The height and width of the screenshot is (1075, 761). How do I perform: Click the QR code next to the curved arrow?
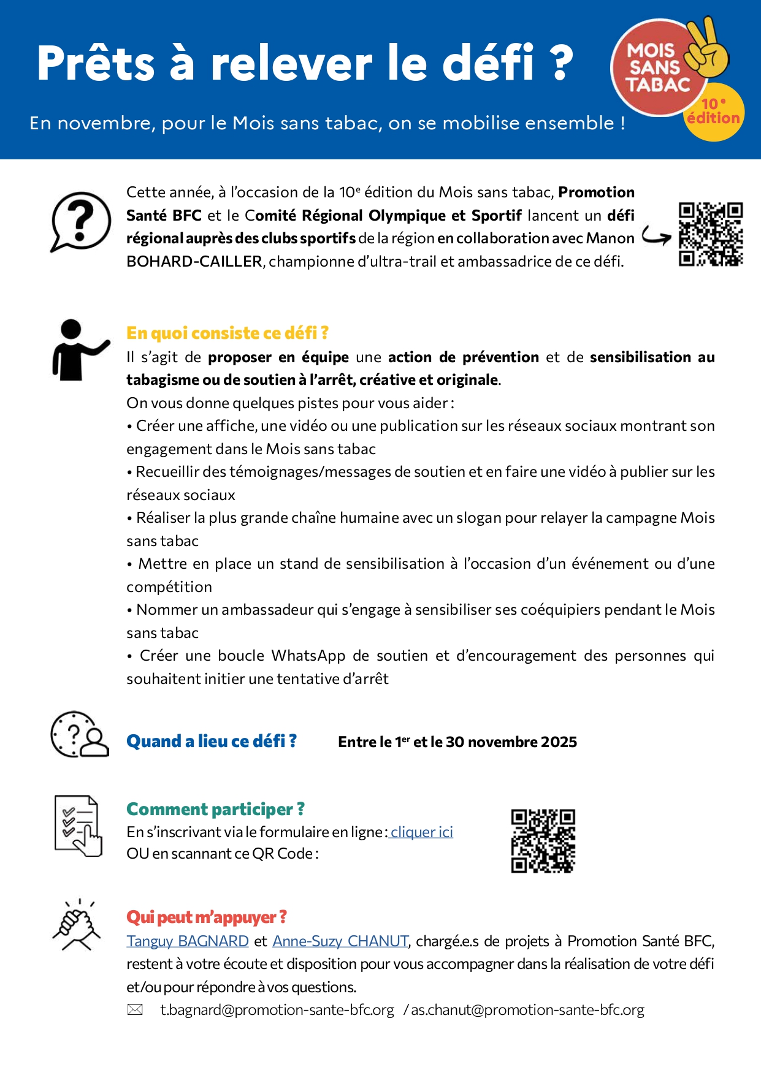[711, 234]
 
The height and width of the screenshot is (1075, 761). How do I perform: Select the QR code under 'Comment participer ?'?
[543, 840]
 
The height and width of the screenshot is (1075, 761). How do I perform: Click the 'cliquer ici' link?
[422, 832]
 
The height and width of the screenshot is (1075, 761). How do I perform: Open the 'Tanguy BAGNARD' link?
[188, 941]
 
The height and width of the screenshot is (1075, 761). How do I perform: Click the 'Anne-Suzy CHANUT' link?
[340, 941]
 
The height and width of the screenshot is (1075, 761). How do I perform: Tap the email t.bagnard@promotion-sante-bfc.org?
[277, 1009]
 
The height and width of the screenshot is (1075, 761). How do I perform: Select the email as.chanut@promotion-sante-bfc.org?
[527, 1009]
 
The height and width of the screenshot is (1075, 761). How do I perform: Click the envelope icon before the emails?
[135, 1009]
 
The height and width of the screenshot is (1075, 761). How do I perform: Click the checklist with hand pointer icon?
[78, 826]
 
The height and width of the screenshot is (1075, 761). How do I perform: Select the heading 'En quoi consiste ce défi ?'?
[228, 333]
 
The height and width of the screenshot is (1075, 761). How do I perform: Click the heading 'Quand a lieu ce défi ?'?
[212, 741]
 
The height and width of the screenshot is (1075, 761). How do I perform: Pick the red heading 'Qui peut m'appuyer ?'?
[207, 917]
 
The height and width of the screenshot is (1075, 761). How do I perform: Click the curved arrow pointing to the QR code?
[657, 236]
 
